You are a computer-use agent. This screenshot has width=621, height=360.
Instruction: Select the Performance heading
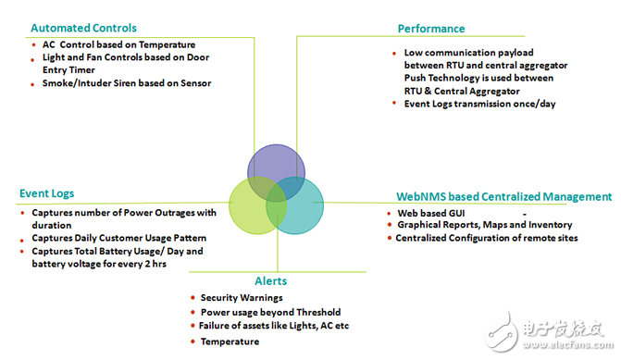[431, 29]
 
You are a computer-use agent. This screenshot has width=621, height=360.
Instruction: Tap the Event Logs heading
[46, 194]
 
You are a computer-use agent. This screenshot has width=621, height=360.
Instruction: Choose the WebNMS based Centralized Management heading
[503, 196]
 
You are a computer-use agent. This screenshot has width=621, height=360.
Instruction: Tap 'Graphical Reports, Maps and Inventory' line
[485, 225]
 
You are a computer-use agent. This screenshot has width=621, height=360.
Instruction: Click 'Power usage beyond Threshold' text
[270, 312]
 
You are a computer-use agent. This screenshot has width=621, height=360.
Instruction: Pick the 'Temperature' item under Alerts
[230, 341]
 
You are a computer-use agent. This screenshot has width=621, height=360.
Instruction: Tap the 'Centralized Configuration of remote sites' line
[486, 239]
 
